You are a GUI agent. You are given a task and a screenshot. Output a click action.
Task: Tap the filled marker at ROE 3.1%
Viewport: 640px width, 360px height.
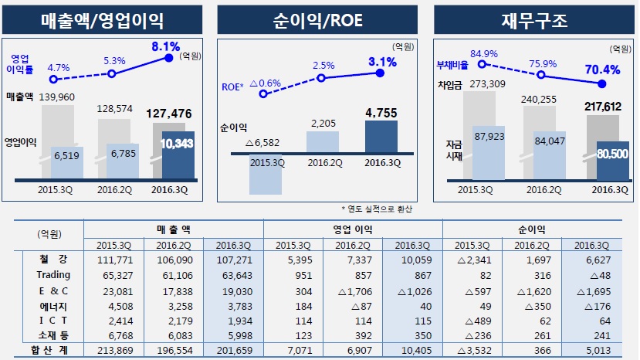coord(379,73)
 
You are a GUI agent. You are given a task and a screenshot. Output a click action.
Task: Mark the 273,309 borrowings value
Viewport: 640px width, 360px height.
coord(486,84)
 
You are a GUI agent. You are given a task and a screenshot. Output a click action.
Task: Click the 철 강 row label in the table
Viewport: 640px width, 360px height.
coord(53,260)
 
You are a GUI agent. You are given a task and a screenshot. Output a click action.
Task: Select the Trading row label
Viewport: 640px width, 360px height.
coord(53,274)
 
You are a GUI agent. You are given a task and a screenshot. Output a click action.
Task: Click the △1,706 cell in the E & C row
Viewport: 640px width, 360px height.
coord(352,290)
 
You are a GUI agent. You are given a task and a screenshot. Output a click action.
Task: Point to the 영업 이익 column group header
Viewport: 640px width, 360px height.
coord(353,229)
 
